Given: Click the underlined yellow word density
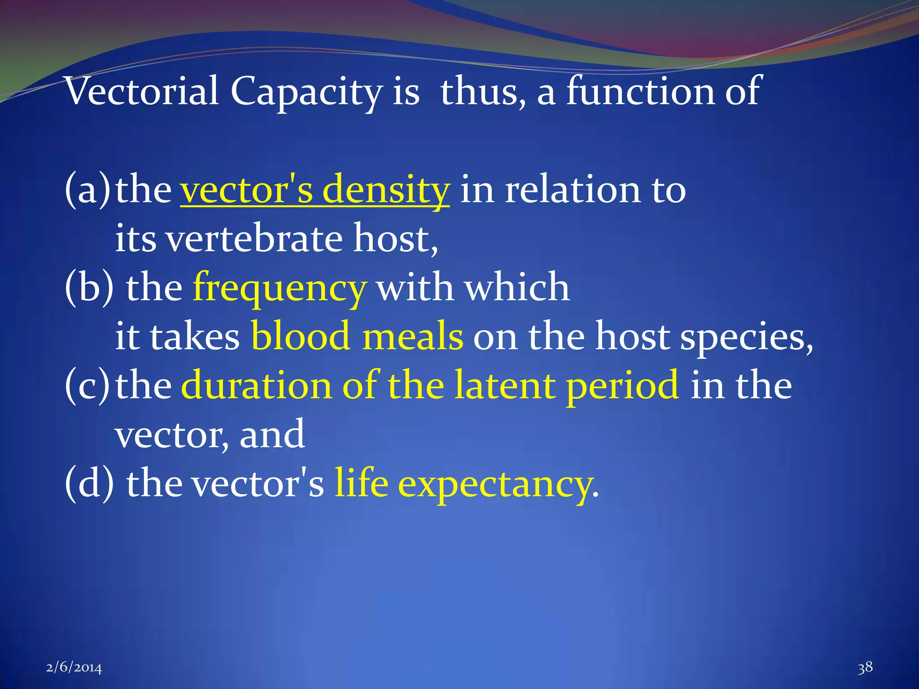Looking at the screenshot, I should click(x=386, y=190).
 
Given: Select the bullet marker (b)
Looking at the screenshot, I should click(x=89, y=288).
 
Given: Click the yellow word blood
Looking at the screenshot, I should click(x=300, y=336).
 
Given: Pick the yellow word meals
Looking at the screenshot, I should click(x=412, y=336).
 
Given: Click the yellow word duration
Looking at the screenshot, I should click(x=256, y=386).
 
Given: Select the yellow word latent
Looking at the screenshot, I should click(x=504, y=386).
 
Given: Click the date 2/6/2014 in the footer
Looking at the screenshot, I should click(x=74, y=668).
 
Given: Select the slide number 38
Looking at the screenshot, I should click(x=865, y=667).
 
